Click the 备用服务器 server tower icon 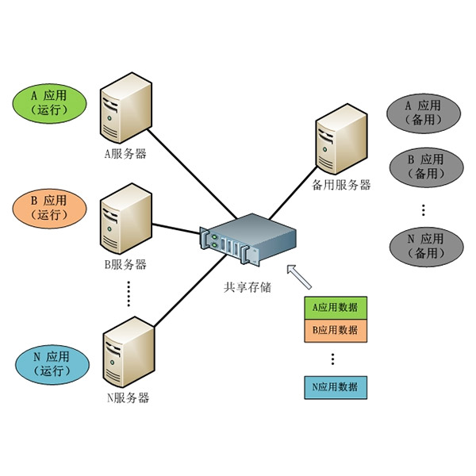point(341,140)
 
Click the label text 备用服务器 point(341,185)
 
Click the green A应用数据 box point(336,307)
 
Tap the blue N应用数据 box point(336,387)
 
